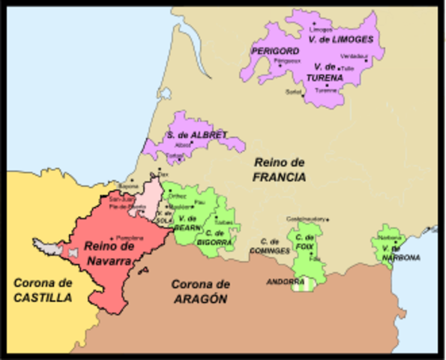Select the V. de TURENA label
pyautogui.click(x=325, y=72)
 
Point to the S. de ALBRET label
pyautogui.click(x=196, y=135)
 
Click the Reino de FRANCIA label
pyautogui.click(x=279, y=169)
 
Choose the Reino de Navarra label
pyautogui.click(x=109, y=253)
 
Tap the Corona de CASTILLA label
pyautogui.click(x=42, y=290)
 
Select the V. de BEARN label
pyautogui.click(x=187, y=222)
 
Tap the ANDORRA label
pyautogui.click(x=282, y=282)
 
